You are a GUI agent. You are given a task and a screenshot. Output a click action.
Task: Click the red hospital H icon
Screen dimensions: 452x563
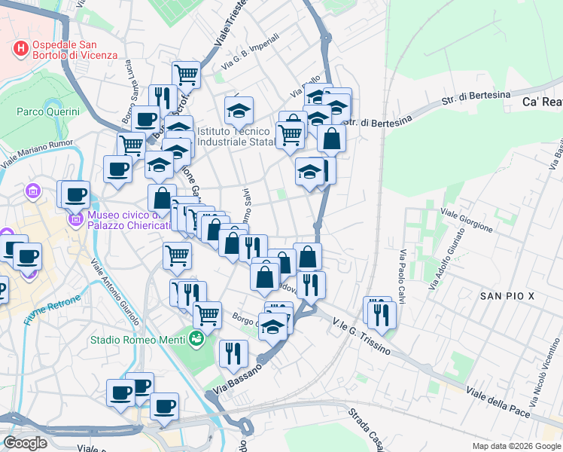pyautogui.click(x=21, y=48)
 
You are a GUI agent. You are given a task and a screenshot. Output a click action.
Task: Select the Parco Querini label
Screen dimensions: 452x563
pyautogui.click(x=48, y=111)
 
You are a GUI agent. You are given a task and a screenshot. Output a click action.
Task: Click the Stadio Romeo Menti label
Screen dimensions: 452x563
pyautogui.click(x=138, y=340)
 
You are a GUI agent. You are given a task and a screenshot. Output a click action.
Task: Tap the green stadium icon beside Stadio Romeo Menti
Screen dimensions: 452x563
pyautogui.click(x=196, y=339)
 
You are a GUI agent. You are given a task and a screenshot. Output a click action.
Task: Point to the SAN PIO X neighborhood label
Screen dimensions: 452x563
pyautogui.click(x=507, y=296)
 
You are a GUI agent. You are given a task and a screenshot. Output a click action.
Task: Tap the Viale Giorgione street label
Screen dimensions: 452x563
pyautogui.click(x=467, y=221)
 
